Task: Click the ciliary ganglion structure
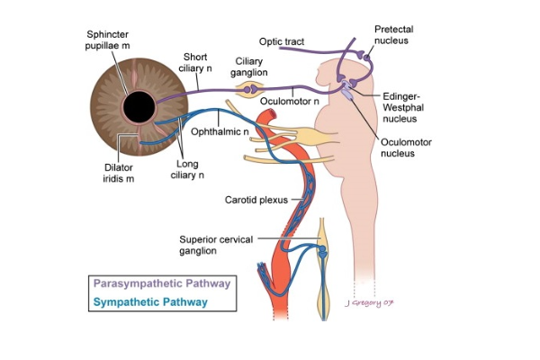[x=249, y=90]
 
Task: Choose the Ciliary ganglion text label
[x=248, y=68]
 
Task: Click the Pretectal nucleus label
[x=393, y=35]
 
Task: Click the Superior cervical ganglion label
[x=213, y=245]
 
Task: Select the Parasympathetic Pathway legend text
[x=160, y=283]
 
